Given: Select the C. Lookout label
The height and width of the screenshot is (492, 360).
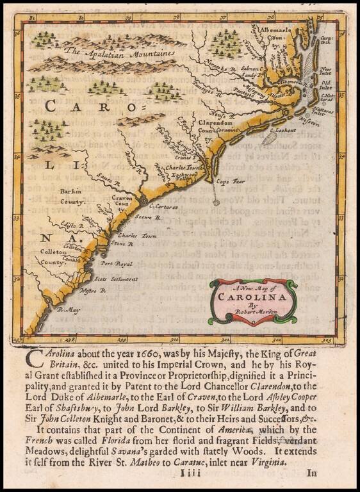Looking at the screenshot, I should click(x=282, y=131).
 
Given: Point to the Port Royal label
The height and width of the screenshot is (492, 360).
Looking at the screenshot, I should click(x=116, y=264).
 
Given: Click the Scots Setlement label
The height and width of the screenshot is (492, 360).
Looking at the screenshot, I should click(x=116, y=279).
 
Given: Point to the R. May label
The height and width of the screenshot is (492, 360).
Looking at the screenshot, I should click(x=66, y=310).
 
